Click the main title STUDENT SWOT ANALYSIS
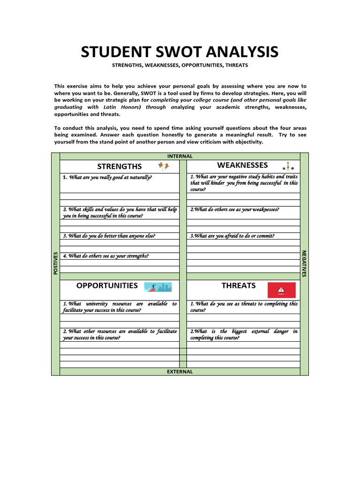(180, 52)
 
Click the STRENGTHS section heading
(119, 166)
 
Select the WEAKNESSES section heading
(242, 165)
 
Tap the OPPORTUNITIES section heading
(107, 285)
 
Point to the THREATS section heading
(239, 285)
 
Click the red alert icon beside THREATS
(281, 290)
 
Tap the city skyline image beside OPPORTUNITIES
(157, 287)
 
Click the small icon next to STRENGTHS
(163, 165)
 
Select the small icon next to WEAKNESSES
(288, 166)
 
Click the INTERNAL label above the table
(180, 156)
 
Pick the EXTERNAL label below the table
(180, 371)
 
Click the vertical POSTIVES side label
(55, 263)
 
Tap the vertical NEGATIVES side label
(304, 263)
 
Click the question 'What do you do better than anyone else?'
(109, 236)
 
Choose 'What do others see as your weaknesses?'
(234, 210)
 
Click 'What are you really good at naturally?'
(107, 177)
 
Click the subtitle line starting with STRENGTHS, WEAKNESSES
(180, 65)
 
